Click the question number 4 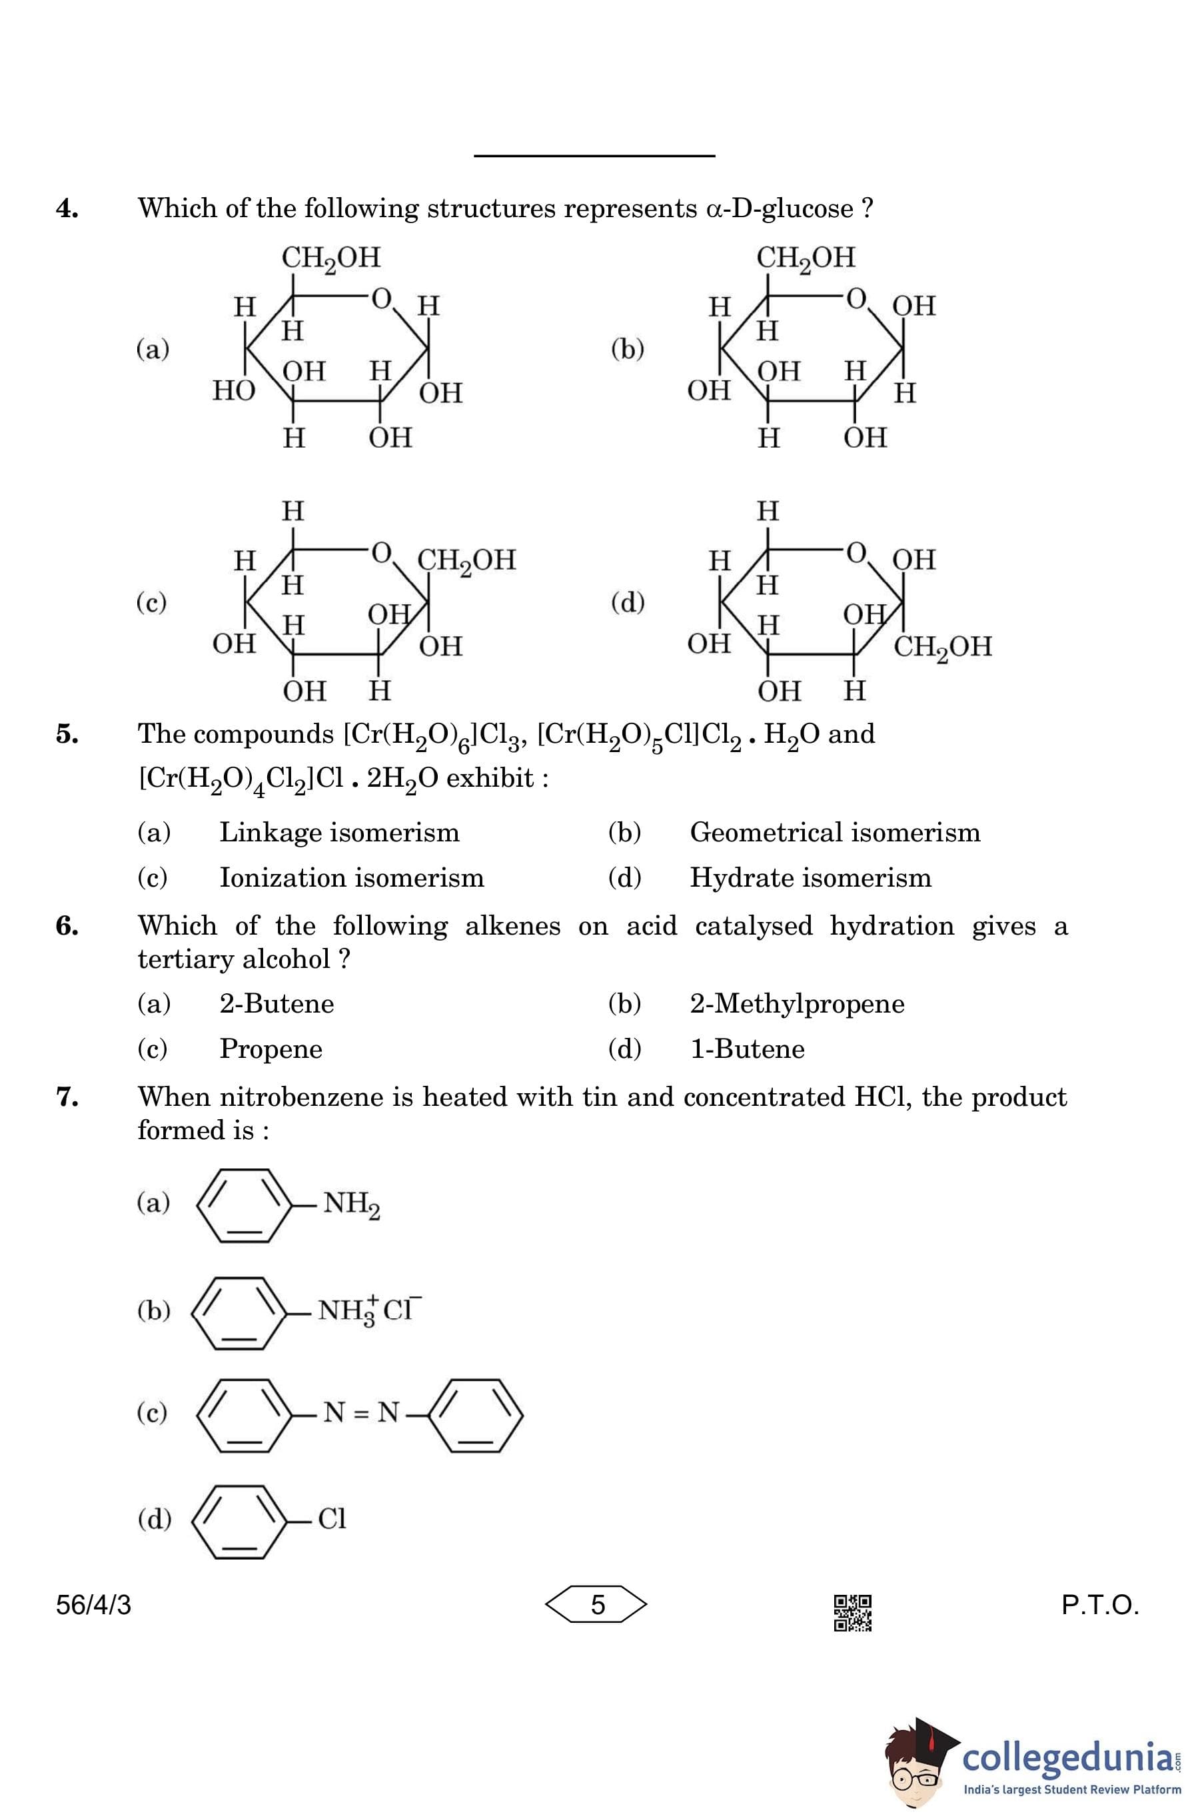[x=67, y=209]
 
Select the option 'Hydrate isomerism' [x=811, y=877]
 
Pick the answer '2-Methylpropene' [x=797, y=1003]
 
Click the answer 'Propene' [x=271, y=1049]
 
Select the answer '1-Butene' [x=748, y=1049]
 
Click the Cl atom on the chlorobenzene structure [x=332, y=1518]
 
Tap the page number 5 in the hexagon [x=598, y=1605]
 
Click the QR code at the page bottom [x=853, y=1611]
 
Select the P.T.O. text [x=1100, y=1605]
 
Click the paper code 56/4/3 [x=93, y=1605]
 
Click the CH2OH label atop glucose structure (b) [x=806, y=258]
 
